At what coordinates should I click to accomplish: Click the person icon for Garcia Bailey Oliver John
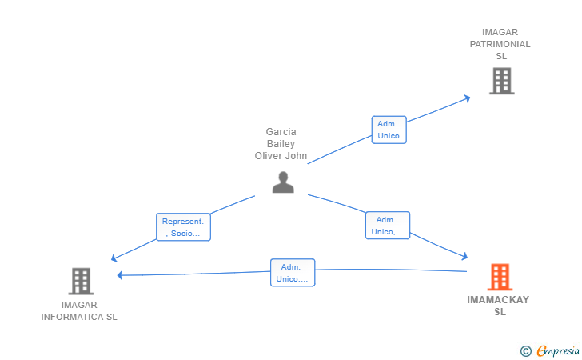283,182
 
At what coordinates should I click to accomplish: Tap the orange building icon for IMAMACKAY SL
500,277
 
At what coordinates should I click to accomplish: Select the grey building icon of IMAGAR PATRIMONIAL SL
501,81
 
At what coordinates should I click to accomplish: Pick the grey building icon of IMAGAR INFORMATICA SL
81,282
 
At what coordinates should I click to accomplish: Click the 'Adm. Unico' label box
389,130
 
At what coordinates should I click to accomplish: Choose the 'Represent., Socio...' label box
183,227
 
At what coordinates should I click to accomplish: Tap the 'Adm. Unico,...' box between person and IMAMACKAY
388,226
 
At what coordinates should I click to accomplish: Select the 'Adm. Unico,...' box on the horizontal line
293,273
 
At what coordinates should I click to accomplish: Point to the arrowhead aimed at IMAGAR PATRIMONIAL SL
468,99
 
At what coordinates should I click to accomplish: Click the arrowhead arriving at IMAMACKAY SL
464,256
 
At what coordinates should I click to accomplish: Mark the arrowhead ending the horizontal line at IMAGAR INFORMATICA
120,275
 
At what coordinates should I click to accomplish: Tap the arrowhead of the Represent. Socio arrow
114,258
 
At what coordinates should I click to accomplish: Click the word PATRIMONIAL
500,44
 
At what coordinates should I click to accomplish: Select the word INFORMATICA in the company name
67,317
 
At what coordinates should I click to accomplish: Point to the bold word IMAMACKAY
498,300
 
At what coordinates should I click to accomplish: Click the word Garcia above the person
281,132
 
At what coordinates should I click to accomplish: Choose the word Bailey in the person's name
281,144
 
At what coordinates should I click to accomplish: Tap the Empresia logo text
558,350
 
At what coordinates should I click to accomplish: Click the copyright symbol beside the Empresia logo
526,351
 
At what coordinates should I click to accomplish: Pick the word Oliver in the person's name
266,156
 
